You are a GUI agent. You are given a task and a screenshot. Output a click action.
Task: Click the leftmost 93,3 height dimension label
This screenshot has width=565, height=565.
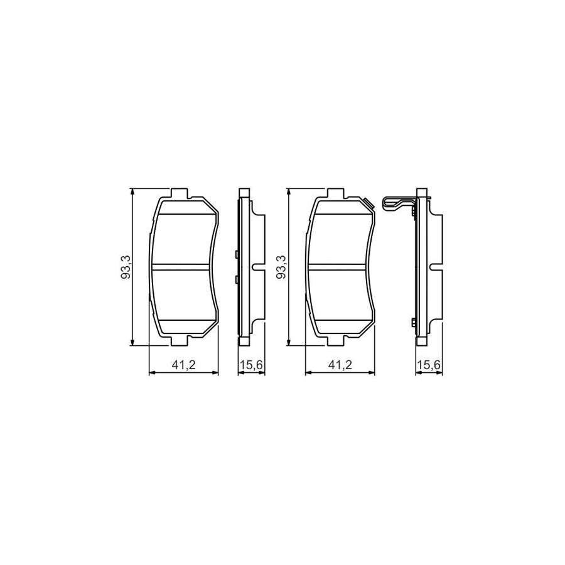[x=126, y=267]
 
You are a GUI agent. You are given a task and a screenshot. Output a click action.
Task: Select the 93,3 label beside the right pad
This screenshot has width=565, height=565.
[x=282, y=267]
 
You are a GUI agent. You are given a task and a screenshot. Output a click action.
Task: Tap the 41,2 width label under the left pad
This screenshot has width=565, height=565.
[x=183, y=365]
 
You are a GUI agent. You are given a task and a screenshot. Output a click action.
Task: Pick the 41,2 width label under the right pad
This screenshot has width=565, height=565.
[x=339, y=365]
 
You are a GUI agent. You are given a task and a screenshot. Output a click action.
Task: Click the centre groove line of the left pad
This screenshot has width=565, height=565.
[x=182, y=266]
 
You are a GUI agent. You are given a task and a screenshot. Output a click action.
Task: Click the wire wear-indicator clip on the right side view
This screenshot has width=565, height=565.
[x=394, y=203]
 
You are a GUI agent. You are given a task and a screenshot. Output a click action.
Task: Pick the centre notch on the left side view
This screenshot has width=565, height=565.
[x=257, y=267]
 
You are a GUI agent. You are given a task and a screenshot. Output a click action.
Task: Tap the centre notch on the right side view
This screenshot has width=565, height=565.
[x=435, y=267]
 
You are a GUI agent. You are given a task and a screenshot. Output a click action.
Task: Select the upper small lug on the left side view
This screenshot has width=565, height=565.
[x=235, y=254]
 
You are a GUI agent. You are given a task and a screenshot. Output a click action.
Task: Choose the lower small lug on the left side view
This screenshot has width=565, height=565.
[x=235, y=278]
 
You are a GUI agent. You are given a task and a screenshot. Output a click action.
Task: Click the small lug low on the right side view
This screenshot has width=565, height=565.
[x=414, y=322]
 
